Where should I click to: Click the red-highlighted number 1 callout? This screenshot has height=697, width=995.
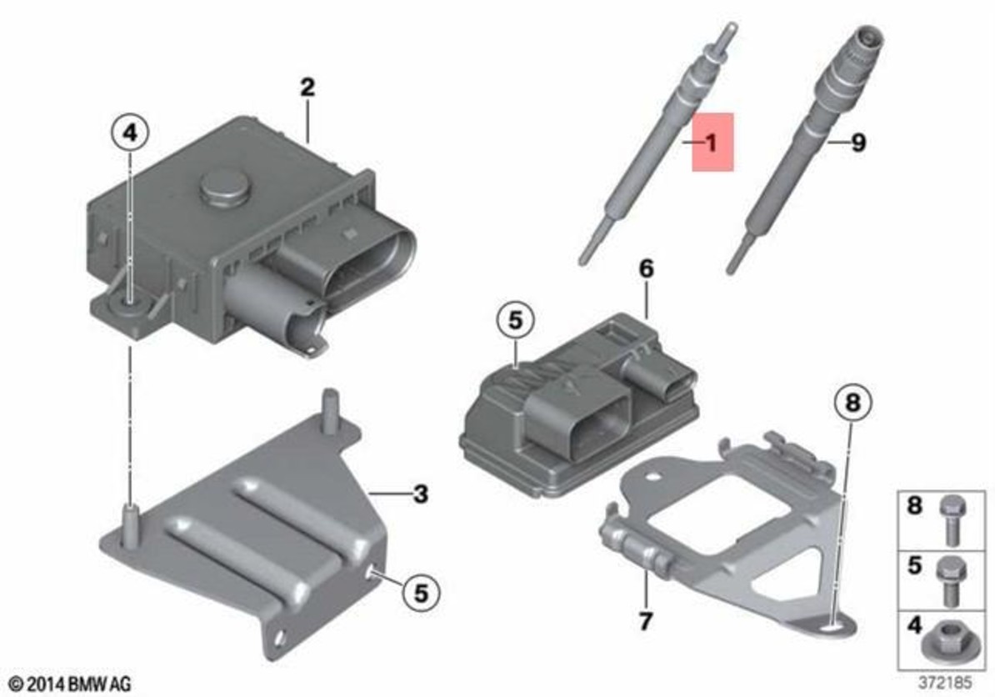click(x=712, y=143)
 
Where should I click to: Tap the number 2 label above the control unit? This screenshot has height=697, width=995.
click(x=307, y=87)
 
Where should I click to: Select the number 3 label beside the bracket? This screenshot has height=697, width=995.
click(x=420, y=494)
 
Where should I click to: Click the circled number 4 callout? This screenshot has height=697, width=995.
click(x=129, y=133)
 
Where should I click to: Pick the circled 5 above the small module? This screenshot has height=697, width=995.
click(x=515, y=320)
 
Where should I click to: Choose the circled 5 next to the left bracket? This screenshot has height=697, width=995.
click(x=421, y=593)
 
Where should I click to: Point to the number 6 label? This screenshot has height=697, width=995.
click(x=645, y=268)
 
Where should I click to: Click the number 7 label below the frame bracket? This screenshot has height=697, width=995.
click(x=645, y=621)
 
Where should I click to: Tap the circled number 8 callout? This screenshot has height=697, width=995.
click(x=852, y=403)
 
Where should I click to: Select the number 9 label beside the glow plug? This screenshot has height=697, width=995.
click(x=858, y=143)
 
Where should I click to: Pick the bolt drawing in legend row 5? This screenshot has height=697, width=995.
click(x=949, y=581)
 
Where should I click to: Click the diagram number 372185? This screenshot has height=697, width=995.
click(x=945, y=683)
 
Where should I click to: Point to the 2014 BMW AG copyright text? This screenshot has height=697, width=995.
click(x=71, y=684)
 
